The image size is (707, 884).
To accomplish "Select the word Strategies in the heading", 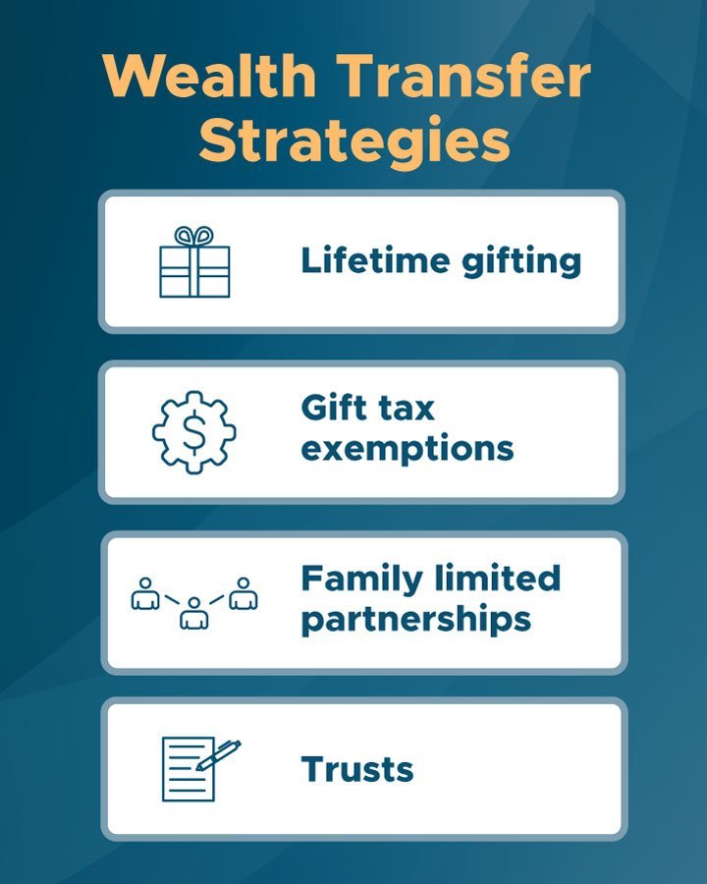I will pyautogui.click(x=354, y=139).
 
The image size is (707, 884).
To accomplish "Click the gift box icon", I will pyautogui.click(x=194, y=262).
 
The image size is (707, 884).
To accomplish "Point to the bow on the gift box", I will pyautogui.click(x=194, y=237).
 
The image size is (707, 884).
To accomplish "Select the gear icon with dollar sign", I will pyautogui.click(x=194, y=433).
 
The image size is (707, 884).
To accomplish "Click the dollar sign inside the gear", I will pyautogui.click(x=194, y=433).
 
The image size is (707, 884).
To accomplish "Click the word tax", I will pyautogui.click(x=407, y=408).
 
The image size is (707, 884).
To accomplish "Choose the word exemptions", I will pyautogui.click(x=407, y=449).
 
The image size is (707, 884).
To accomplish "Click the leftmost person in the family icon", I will pyautogui.click(x=145, y=592).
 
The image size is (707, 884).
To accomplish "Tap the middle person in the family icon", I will pyautogui.click(x=194, y=612).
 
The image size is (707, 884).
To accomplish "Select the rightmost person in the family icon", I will pyautogui.click(x=243, y=592).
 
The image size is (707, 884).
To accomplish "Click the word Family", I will pyautogui.click(x=361, y=578).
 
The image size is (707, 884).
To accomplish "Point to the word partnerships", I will pyautogui.click(x=415, y=620).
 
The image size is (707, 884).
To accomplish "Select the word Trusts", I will pyautogui.click(x=356, y=769).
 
